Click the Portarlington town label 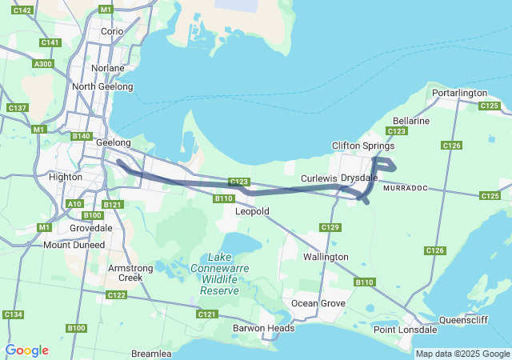[x=458, y=93]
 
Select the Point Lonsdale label [x=405, y=330]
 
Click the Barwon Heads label [x=263, y=328]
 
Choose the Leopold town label [x=252, y=211]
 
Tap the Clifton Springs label [x=363, y=146]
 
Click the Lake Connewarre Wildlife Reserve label [x=219, y=274]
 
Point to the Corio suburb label [x=112, y=31]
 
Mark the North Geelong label [x=102, y=86]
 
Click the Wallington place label [x=326, y=257]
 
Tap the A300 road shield [x=43, y=64]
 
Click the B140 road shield [x=81, y=136]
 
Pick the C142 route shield [x=23, y=10]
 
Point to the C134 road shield [x=14, y=314]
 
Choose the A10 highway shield [x=74, y=204]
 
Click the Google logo [x=26, y=350]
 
